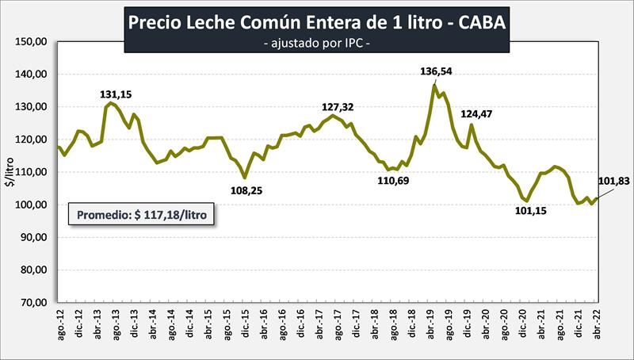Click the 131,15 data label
pyautogui.click(x=116, y=95)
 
